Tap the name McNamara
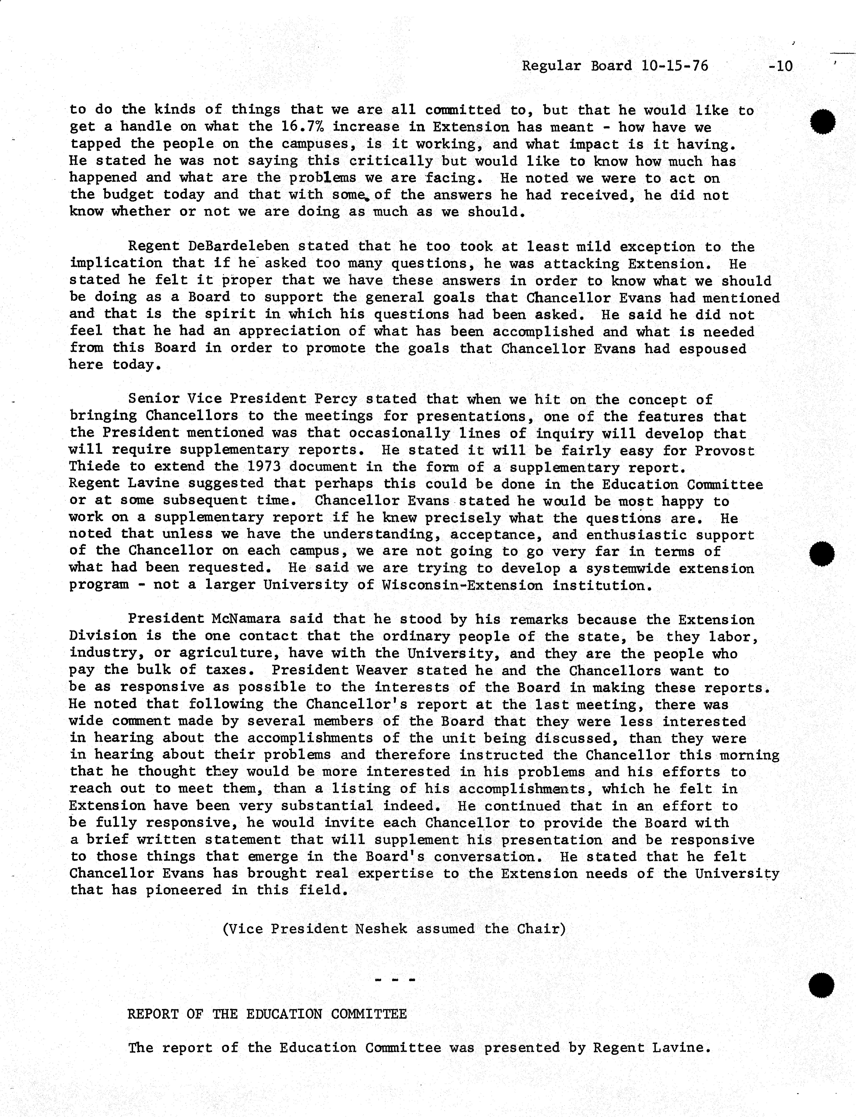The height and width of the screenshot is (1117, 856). point(246,619)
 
